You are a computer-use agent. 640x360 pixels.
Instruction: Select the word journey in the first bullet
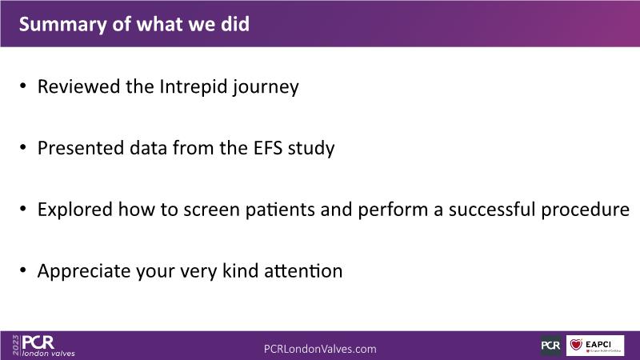tap(266, 87)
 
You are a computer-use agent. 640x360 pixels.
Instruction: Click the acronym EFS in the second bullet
tap(268, 148)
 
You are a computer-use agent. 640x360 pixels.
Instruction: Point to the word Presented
tap(81, 148)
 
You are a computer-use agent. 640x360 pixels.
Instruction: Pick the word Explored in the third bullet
tap(75, 210)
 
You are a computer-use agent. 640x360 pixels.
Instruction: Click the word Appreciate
tap(84, 271)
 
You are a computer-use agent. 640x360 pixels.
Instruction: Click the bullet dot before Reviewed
tap(23, 86)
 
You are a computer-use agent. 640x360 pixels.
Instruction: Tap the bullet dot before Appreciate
tap(23, 270)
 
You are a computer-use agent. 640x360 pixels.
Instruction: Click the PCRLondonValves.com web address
tap(320, 349)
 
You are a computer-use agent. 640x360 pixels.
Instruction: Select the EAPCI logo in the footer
tap(595, 346)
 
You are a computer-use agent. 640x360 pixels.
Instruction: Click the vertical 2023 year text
tap(15, 345)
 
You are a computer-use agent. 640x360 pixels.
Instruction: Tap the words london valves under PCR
tap(49, 354)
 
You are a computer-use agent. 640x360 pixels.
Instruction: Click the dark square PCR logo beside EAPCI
tap(551, 346)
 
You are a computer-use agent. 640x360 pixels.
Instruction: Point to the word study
tap(311, 149)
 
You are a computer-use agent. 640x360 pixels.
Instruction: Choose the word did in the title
tap(235, 24)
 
